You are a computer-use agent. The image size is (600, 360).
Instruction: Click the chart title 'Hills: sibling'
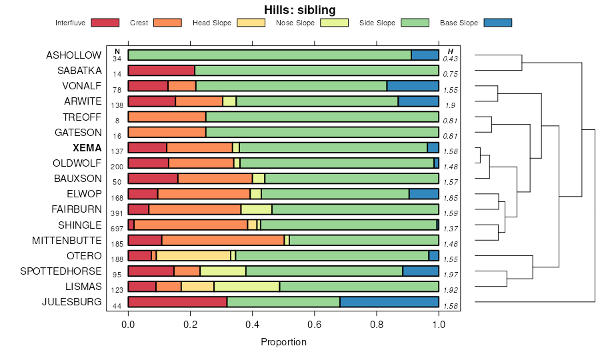(x=299, y=10)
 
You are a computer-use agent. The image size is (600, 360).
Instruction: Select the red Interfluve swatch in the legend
(x=105, y=23)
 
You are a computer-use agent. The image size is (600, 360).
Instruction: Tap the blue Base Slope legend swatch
(x=497, y=23)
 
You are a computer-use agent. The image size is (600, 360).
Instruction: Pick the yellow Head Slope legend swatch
(x=251, y=23)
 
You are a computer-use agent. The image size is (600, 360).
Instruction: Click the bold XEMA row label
(x=87, y=148)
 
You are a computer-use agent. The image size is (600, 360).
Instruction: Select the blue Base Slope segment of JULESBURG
(x=389, y=302)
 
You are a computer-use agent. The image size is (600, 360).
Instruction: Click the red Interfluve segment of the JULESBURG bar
(x=177, y=302)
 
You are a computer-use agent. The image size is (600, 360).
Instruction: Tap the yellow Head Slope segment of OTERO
(x=193, y=255)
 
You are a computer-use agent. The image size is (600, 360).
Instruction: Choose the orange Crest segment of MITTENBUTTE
(x=223, y=240)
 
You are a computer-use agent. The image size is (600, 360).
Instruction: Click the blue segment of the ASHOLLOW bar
(x=425, y=55)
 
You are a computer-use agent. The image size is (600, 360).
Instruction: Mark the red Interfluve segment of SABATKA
(x=161, y=70)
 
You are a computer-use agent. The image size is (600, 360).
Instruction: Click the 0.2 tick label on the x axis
(x=190, y=325)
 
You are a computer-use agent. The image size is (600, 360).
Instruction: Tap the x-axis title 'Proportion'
(x=283, y=342)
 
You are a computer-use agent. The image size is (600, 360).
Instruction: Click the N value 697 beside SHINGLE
(x=117, y=229)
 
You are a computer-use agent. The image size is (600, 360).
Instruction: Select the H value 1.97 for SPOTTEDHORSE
(x=451, y=275)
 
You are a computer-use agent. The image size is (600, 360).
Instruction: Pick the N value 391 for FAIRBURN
(x=117, y=213)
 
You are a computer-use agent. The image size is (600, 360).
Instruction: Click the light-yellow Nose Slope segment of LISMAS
(x=247, y=287)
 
